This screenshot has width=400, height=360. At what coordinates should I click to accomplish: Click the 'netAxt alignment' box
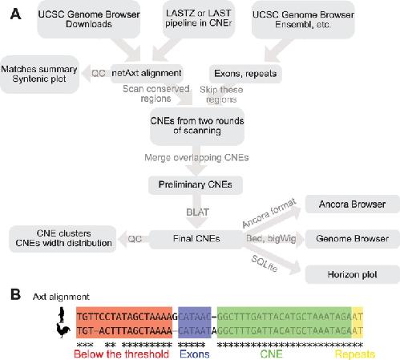[x=147, y=73]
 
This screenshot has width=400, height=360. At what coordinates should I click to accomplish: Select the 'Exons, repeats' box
[x=245, y=74]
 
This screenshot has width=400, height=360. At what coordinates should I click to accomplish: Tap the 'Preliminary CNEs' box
[x=196, y=184]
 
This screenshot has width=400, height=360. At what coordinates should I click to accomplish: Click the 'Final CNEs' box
[x=196, y=239]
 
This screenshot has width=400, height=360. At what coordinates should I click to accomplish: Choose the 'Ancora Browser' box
[x=352, y=204]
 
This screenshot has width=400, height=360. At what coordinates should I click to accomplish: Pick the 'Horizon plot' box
[x=352, y=274]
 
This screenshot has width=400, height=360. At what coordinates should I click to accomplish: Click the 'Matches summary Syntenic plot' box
[x=39, y=74]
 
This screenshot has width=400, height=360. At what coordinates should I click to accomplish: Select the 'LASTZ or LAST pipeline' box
[x=198, y=18]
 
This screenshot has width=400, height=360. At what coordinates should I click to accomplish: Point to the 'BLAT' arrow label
[x=197, y=212]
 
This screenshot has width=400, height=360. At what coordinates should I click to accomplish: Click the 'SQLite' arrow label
[x=265, y=263]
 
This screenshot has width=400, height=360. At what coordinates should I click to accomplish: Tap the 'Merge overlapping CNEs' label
[x=196, y=158]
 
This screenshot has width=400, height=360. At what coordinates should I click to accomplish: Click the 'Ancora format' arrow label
[x=269, y=213]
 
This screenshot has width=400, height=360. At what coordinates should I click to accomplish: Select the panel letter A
[x=16, y=14]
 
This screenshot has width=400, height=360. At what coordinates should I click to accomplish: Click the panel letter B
[x=16, y=294]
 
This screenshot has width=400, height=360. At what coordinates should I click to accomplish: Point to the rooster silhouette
[x=63, y=330]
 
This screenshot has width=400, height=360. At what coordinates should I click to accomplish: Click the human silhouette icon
[x=62, y=315]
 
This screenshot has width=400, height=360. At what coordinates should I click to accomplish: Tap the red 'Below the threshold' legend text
[x=122, y=354]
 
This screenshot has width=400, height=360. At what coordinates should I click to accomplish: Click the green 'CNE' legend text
[x=271, y=354]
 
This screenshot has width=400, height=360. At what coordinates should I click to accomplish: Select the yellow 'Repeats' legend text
[x=355, y=354]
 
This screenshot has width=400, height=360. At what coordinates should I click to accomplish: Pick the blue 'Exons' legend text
[x=195, y=354]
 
